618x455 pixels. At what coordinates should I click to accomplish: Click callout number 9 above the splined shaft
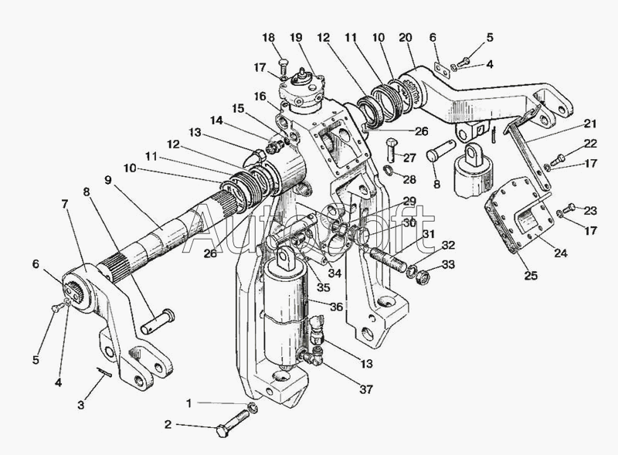coord(107,179)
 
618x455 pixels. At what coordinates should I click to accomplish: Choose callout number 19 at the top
coord(296,37)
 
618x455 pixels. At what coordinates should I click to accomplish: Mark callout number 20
coord(406,37)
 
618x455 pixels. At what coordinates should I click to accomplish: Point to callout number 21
coord(590,124)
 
